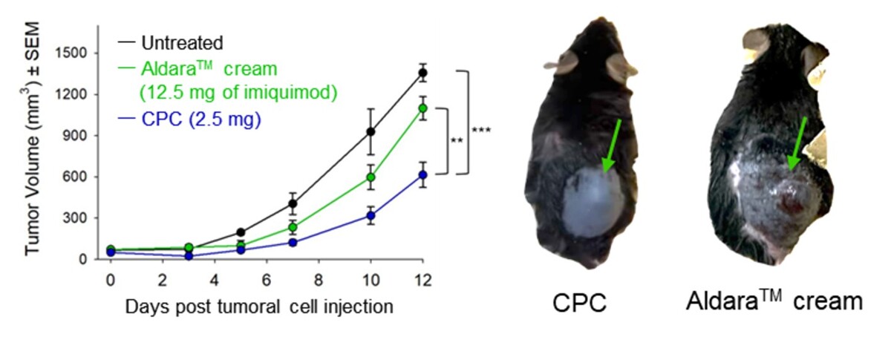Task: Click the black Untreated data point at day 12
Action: (x=422, y=73)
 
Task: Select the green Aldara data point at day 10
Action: (x=371, y=177)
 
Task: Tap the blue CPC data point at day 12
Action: (x=422, y=174)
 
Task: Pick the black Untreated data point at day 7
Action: (x=293, y=203)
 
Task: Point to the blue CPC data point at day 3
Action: (x=189, y=256)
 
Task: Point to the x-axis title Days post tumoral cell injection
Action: (x=258, y=305)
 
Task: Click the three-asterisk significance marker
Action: (x=481, y=131)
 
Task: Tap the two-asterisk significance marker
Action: (x=457, y=141)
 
